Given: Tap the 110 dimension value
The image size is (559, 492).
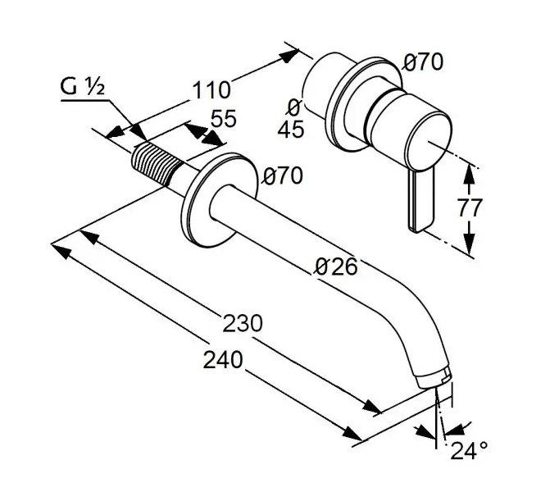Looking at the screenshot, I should (x=211, y=88).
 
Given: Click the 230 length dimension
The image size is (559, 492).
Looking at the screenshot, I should (x=243, y=322).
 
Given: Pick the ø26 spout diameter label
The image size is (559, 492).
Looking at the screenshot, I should (x=336, y=266).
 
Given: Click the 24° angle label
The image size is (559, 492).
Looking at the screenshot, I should (x=469, y=450).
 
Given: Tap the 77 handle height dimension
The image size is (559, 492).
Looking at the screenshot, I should (x=470, y=207).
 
